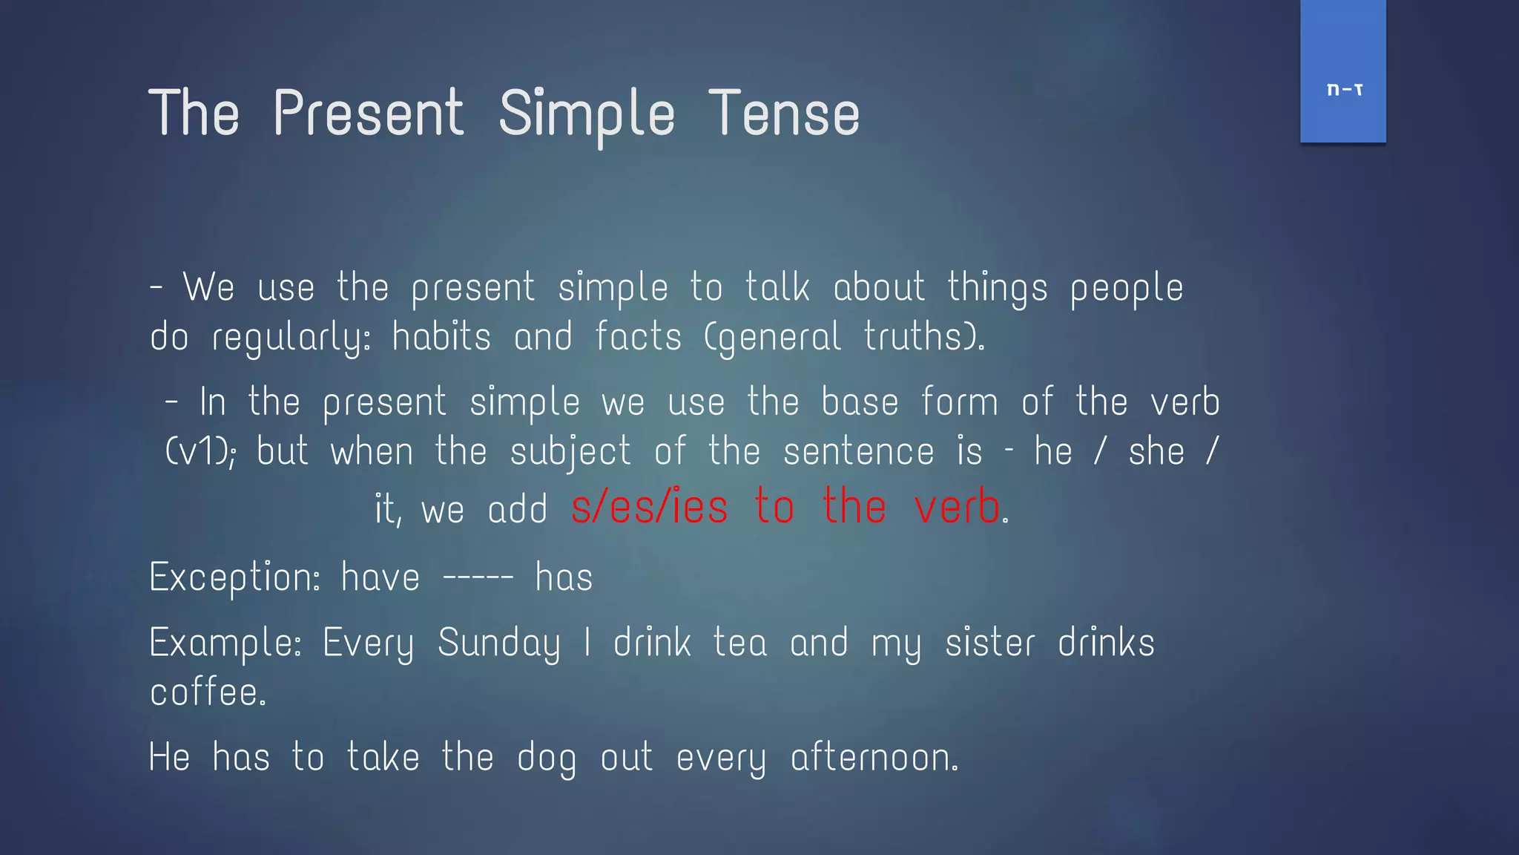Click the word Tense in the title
coord(784,114)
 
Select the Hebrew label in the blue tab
coord(1344,90)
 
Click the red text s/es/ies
coord(650,508)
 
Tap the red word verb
coord(957,508)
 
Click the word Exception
coord(234,578)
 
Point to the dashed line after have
coord(478,578)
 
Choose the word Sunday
coord(498,643)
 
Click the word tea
coord(739,643)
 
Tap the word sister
coord(989,643)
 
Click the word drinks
coord(1106,643)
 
